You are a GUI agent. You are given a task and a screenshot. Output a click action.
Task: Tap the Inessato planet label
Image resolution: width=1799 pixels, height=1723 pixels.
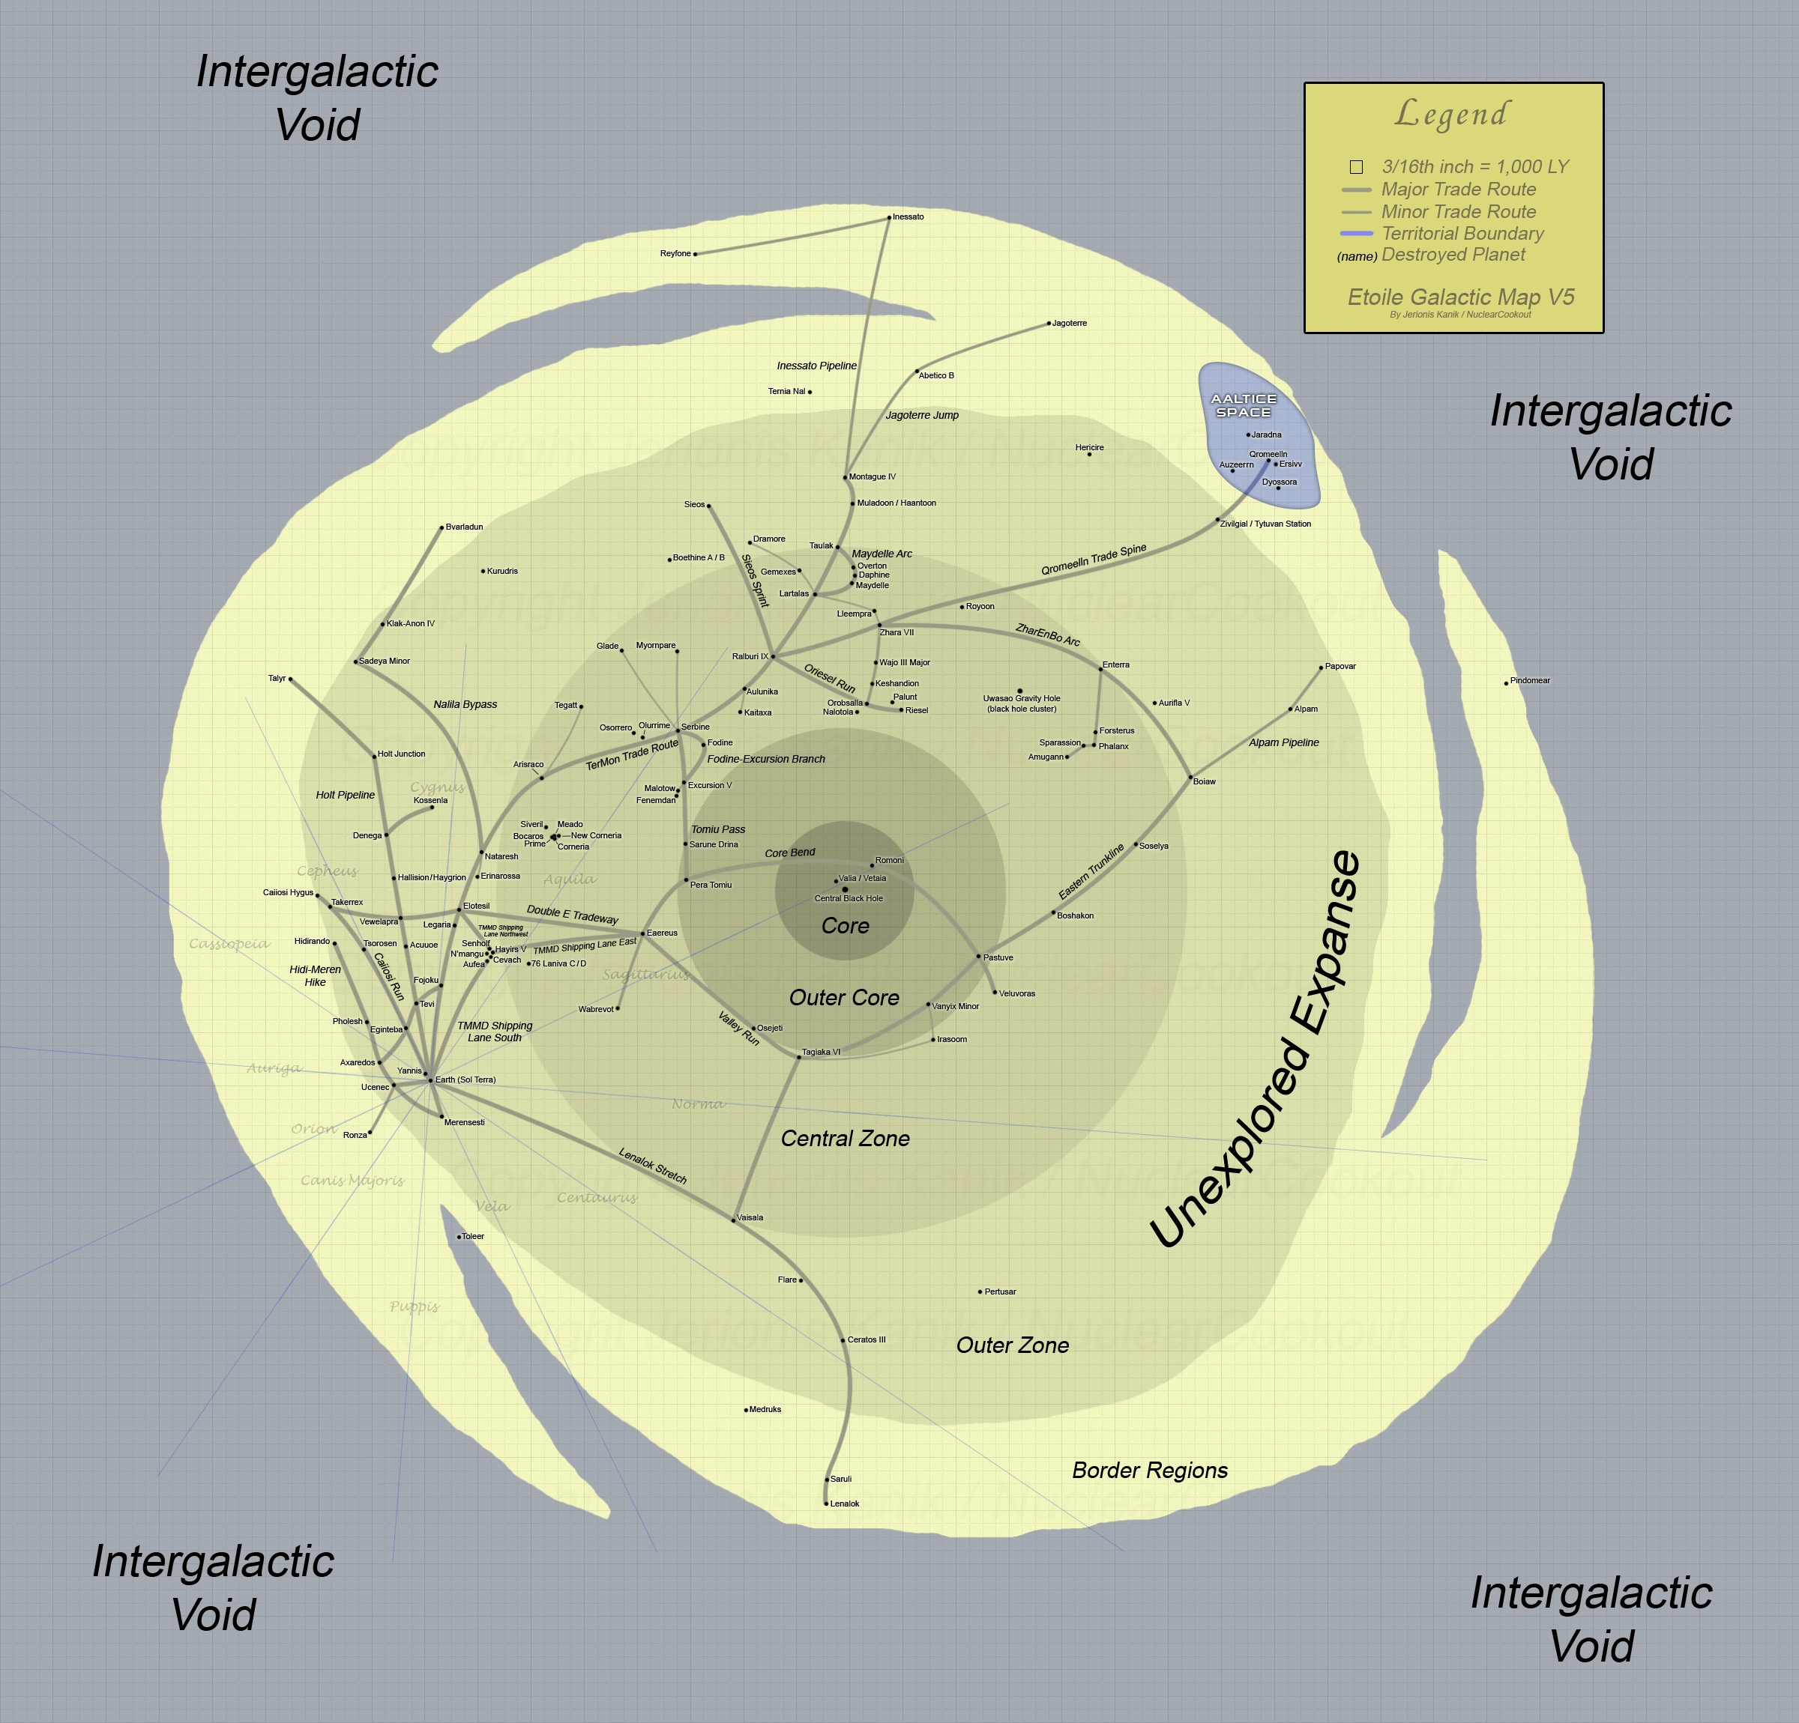click(908, 217)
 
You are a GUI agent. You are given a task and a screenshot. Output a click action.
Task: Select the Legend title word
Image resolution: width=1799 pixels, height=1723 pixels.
click(1451, 115)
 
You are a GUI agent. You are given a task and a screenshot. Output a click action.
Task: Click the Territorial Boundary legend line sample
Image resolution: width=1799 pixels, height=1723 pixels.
click(1356, 234)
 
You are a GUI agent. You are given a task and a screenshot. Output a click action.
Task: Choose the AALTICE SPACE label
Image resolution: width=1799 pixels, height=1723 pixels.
click(1243, 405)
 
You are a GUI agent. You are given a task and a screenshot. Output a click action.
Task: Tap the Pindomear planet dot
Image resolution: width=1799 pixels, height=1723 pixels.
click(1506, 683)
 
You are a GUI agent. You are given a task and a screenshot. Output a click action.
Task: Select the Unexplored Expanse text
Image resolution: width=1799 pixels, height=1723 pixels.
click(1255, 1050)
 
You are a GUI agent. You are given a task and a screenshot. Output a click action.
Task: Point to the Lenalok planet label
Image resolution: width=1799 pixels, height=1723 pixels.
click(845, 1504)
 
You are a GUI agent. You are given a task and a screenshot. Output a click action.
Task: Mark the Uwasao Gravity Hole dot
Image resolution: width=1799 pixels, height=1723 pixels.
click(1019, 691)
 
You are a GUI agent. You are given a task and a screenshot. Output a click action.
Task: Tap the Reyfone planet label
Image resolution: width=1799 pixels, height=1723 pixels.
click(675, 254)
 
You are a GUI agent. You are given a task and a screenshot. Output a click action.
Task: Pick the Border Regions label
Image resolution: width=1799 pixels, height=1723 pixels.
click(1149, 1471)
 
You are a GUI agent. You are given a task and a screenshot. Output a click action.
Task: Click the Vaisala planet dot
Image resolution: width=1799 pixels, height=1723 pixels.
click(733, 1220)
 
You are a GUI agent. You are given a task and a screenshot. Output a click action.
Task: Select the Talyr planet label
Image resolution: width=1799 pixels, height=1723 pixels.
click(277, 679)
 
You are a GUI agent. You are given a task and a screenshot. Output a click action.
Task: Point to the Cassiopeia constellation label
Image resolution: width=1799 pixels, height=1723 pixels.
click(229, 944)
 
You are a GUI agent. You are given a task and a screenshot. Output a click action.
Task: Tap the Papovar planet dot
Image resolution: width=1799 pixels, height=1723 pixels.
click(1321, 668)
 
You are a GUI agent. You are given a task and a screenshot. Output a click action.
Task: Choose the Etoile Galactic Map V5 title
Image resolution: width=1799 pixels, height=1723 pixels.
click(1460, 297)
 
